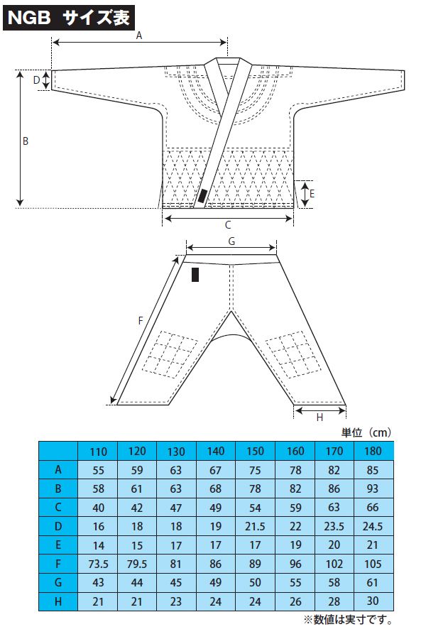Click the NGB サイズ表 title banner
click(x=68, y=18)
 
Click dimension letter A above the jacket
click(x=139, y=36)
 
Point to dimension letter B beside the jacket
click(x=26, y=141)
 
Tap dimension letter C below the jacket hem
click(x=228, y=224)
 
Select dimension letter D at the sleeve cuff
click(x=36, y=80)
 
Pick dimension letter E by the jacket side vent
click(x=312, y=194)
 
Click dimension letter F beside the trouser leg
click(x=141, y=321)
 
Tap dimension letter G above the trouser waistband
click(x=231, y=241)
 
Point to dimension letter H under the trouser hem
click(x=319, y=417)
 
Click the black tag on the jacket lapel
click(x=202, y=197)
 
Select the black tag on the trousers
click(x=195, y=274)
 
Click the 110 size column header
click(x=98, y=452)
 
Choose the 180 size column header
click(x=373, y=451)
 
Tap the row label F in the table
click(x=58, y=564)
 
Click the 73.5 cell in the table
click(x=98, y=564)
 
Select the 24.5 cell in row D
click(x=373, y=527)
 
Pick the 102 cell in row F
click(x=334, y=564)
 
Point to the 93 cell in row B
click(x=373, y=488)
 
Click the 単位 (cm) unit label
click(x=366, y=432)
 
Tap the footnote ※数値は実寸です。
click(x=348, y=620)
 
